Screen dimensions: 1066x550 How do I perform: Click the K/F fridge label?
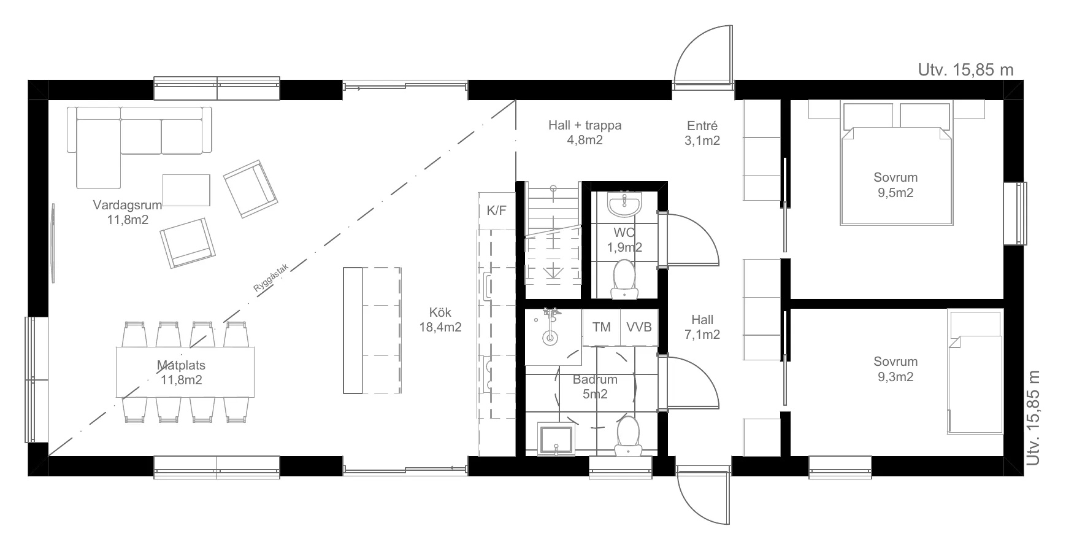click(497, 211)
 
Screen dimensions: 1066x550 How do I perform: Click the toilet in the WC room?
click(624, 279)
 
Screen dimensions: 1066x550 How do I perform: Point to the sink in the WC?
click(624, 204)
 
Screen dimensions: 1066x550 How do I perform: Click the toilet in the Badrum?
click(627, 436)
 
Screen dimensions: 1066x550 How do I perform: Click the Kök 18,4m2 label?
click(440, 320)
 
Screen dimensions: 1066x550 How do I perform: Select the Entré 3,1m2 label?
click(702, 133)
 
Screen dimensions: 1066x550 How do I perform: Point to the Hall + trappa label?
click(585, 126)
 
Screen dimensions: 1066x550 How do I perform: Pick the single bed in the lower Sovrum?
click(975, 372)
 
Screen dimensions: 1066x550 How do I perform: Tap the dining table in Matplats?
click(185, 372)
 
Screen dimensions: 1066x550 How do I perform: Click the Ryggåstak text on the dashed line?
click(270, 277)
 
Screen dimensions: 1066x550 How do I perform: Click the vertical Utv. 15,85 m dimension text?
click(1033, 417)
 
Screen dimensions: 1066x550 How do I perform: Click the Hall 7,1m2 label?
click(702, 327)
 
